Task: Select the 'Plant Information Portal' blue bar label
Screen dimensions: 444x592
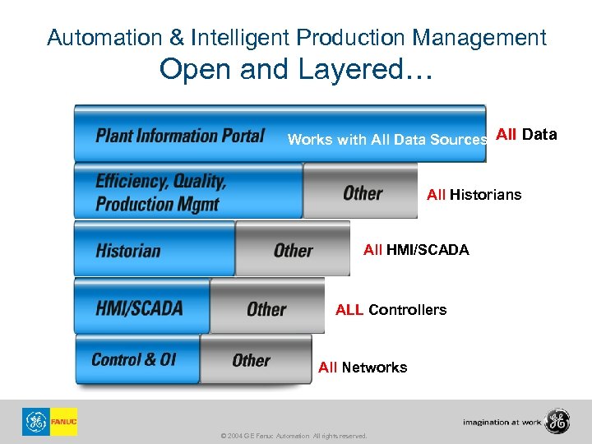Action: (x=179, y=135)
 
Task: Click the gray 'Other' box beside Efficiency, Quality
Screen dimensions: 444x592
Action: (x=361, y=192)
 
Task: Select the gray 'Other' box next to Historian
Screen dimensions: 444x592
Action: (x=293, y=250)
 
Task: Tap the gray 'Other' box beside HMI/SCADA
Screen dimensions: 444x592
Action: (x=267, y=308)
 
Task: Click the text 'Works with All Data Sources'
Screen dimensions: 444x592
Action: (x=387, y=140)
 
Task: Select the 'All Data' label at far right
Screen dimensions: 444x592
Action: (x=526, y=135)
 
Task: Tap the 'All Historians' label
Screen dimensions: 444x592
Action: (x=474, y=195)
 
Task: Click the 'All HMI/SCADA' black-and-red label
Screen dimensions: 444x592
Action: (x=416, y=250)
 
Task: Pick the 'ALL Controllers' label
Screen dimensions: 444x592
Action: (x=391, y=310)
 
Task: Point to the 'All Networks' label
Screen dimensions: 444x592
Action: (x=363, y=368)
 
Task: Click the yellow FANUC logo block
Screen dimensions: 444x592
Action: (x=63, y=422)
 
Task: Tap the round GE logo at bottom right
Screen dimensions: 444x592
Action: (x=557, y=421)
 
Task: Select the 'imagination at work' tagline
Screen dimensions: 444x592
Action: (x=502, y=423)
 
